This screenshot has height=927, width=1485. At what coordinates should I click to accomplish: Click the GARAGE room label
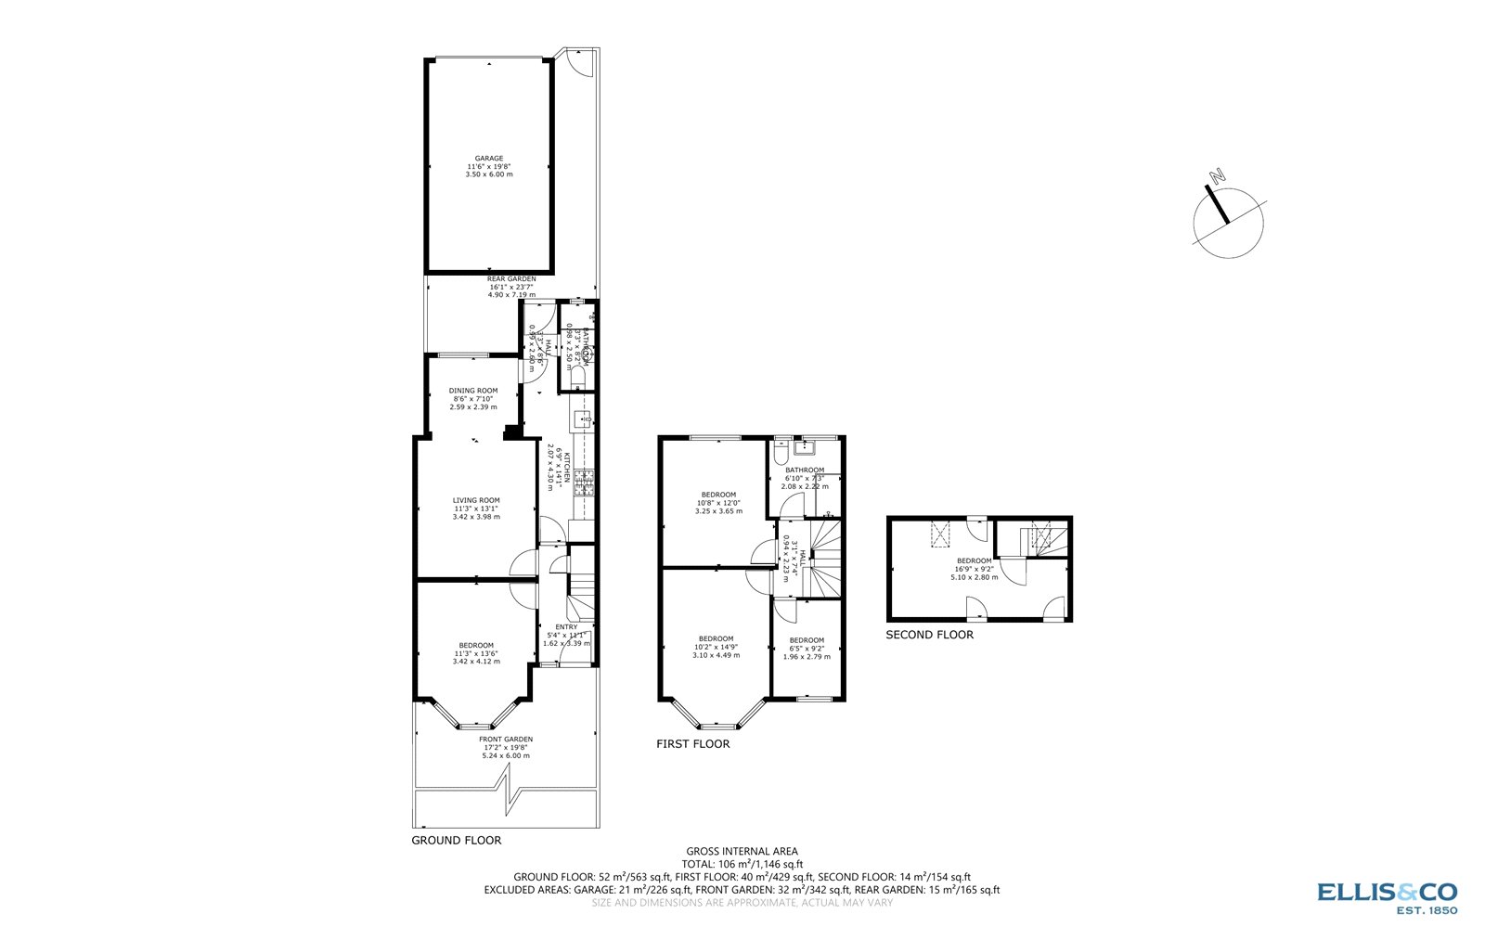(x=489, y=159)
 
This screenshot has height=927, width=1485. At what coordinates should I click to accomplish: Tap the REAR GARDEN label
(x=511, y=278)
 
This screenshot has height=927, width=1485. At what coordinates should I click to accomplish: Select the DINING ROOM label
(x=473, y=391)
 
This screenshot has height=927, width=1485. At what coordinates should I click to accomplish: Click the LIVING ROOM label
(x=476, y=501)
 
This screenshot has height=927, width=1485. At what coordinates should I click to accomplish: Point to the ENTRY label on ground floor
(x=566, y=627)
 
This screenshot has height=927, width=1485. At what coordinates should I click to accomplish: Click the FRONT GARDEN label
(x=506, y=740)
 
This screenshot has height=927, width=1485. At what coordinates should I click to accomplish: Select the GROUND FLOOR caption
(x=456, y=841)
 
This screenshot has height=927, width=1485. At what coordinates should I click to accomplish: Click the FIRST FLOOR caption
(x=692, y=744)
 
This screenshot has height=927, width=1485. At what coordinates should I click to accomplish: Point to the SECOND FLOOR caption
(x=929, y=635)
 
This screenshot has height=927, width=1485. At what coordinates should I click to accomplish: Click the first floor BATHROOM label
(x=804, y=470)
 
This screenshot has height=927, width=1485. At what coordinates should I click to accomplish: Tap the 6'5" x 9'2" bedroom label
(x=806, y=640)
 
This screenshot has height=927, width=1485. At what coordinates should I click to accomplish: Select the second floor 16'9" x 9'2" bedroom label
(x=975, y=560)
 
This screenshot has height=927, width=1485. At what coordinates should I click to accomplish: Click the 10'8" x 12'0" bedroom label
(x=718, y=495)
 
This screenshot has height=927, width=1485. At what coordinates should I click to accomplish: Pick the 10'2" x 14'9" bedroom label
(x=716, y=638)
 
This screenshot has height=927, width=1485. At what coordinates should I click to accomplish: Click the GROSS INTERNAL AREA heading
(x=742, y=851)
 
